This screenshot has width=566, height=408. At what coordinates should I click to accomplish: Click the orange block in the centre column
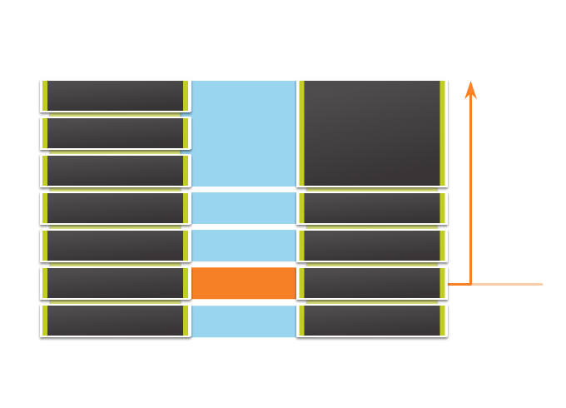click(x=244, y=283)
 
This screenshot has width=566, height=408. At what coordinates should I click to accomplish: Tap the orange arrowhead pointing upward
click(x=470, y=90)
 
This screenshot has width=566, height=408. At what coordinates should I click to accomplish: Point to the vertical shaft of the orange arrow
click(x=470, y=192)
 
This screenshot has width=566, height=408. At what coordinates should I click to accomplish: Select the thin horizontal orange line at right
click(x=508, y=284)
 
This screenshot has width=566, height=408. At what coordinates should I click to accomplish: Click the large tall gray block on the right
click(x=372, y=133)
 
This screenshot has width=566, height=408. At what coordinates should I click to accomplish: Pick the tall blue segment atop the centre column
click(x=244, y=133)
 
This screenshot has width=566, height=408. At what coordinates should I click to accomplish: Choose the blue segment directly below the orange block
click(x=244, y=321)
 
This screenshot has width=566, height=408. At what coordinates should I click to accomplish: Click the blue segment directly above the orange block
click(x=244, y=246)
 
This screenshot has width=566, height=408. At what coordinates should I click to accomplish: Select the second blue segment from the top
click(x=244, y=208)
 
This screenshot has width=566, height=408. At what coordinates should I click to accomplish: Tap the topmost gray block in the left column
click(x=115, y=96)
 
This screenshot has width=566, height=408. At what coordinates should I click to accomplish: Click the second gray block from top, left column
click(x=115, y=133)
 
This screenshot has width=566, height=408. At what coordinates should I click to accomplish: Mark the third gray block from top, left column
click(x=115, y=171)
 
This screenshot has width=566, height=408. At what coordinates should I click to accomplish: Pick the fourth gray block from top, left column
click(x=115, y=208)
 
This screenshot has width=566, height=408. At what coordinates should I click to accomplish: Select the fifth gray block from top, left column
click(x=115, y=246)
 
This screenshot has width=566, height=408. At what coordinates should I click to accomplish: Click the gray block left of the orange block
click(x=115, y=283)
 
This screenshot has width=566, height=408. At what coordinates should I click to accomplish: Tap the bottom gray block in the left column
click(x=115, y=321)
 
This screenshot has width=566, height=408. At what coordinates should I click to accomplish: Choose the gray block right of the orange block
click(x=372, y=283)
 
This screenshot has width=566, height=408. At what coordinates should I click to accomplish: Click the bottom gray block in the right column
click(x=372, y=321)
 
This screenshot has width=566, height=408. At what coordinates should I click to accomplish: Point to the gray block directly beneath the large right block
click(x=372, y=208)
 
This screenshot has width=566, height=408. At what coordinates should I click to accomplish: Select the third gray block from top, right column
click(x=372, y=246)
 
